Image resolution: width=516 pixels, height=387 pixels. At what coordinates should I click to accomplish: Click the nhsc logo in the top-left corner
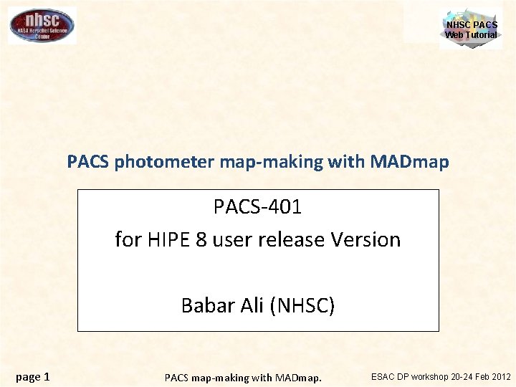pyautogui.click(x=42, y=25)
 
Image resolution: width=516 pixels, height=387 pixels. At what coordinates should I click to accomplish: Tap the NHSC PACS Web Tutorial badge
pyautogui.click(x=471, y=29)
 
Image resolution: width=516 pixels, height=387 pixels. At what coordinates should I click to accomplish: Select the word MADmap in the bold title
pyautogui.click(x=410, y=162)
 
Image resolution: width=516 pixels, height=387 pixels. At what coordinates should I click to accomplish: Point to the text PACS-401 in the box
pyautogui.click(x=257, y=207)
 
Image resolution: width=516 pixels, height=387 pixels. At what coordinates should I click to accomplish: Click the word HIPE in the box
pyautogui.click(x=173, y=239)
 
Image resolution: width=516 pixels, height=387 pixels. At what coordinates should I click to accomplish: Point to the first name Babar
pyautogui.click(x=206, y=306)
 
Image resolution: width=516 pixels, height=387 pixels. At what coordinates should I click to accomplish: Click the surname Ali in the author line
pyautogui.click(x=252, y=306)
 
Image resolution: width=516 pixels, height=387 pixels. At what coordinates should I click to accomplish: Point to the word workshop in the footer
pyautogui.click(x=430, y=376)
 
